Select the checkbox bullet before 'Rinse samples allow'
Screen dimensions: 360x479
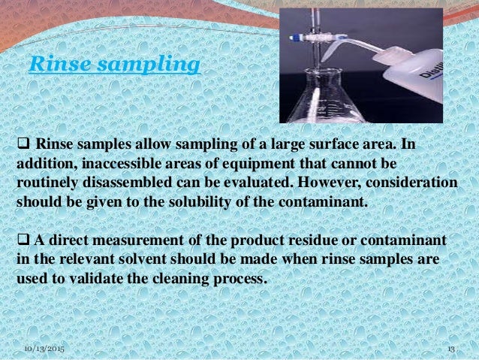point(23,144)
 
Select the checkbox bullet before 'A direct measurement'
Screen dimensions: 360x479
point(23,240)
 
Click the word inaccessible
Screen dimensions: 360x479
point(111,163)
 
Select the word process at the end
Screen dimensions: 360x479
point(243,277)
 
